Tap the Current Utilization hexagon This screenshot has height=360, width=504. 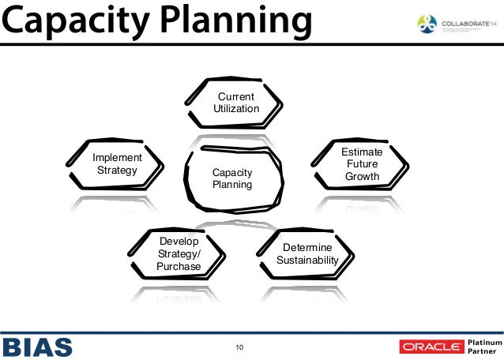[236, 103]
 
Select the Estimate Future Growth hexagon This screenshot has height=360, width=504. [363, 164]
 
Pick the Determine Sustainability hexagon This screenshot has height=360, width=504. [307, 253]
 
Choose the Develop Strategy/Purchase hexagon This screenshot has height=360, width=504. [179, 253]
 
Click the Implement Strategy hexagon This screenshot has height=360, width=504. [117, 164]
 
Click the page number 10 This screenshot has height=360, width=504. [240, 346]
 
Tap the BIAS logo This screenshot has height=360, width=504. [38, 346]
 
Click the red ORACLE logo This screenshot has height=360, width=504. [431, 347]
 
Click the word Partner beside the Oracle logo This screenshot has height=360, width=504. [481, 351]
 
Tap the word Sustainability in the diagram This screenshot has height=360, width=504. [307, 260]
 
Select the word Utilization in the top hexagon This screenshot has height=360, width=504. [236, 109]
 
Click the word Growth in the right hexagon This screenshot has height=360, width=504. [363, 177]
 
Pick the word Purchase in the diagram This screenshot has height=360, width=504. [179, 266]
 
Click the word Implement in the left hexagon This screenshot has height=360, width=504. [117, 158]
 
